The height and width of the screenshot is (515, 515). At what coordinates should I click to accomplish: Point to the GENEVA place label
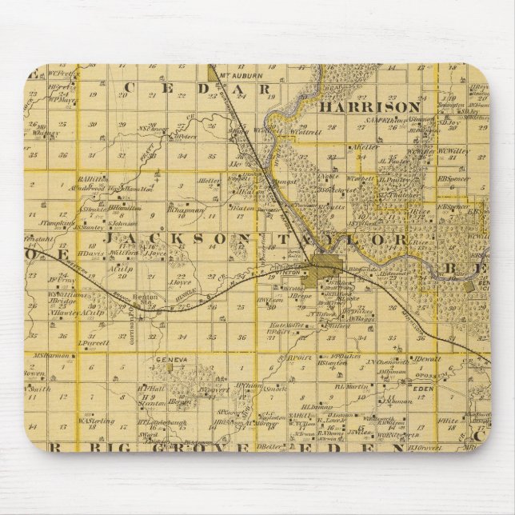(x=171, y=360)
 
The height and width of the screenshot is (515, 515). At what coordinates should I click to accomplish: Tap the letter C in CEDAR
(x=131, y=87)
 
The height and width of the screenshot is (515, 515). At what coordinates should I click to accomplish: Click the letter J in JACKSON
(x=114, y=238)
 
